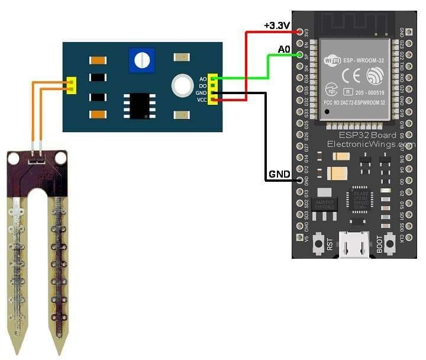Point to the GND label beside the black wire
[279, 175]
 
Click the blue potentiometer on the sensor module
[141, 59]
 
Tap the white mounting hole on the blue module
[180, 85]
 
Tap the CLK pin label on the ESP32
[402, 240]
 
